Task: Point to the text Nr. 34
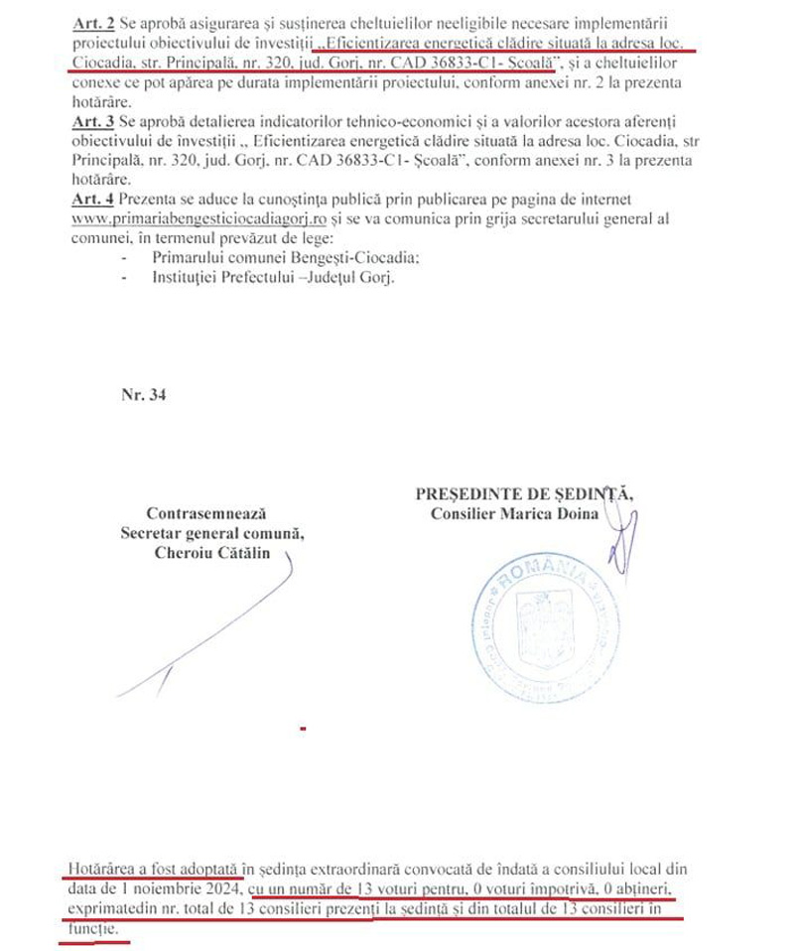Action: [x=143, y=394]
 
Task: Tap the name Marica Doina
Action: [x=557, y=513]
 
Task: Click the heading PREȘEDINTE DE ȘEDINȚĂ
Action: [x=525, y=493]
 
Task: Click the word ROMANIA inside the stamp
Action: [x=541, y=574]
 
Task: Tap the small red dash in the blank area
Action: [x=302, y=729]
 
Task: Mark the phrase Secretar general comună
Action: [x=211, y=534]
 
